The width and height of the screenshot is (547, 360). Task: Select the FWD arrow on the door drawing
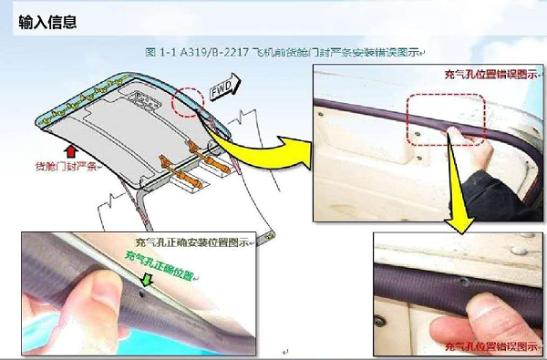pyautogui.click(x=223, y=87)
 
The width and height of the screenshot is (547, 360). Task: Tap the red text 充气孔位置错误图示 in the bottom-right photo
pyautogui.click(x=490, y=346)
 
